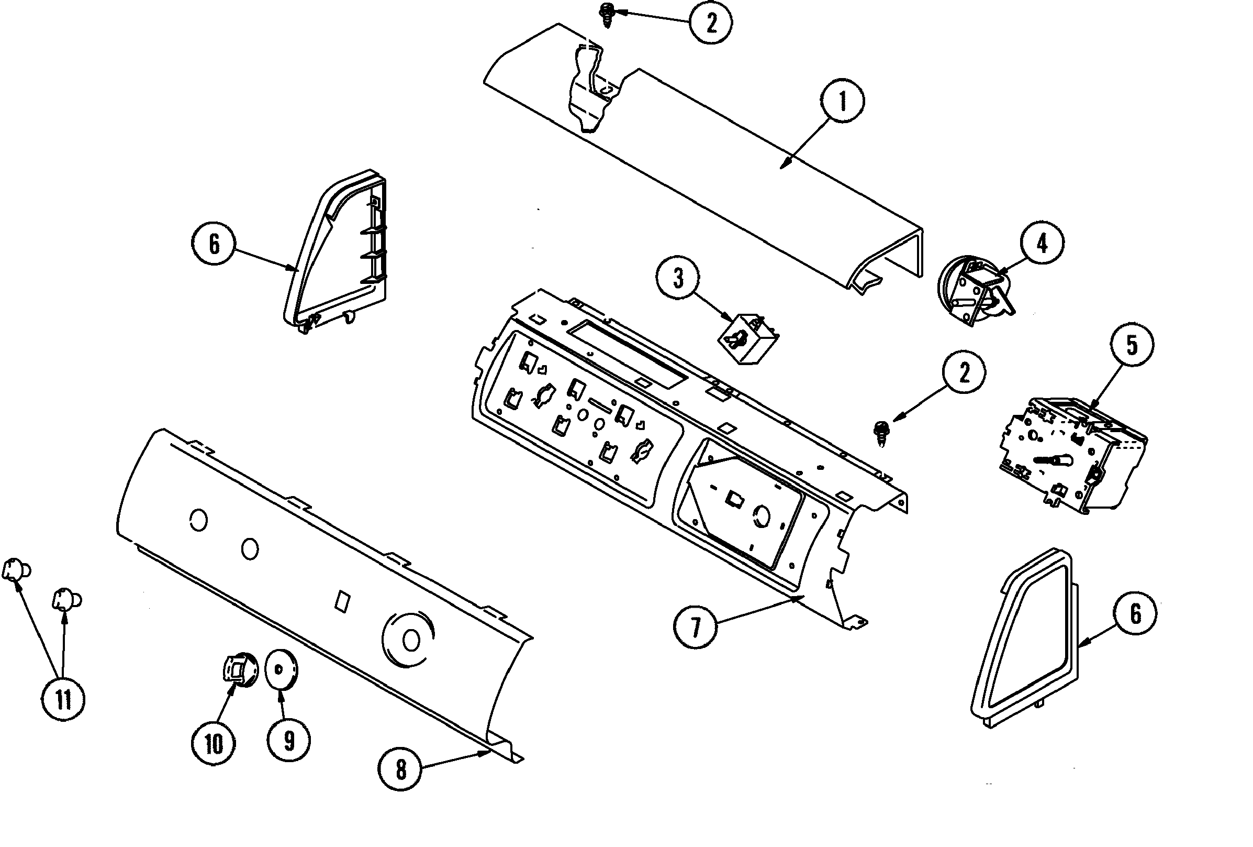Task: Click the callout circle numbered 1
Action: [843, 101]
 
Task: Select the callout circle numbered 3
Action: [678, 278]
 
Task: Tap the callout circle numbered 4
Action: [1042, 244]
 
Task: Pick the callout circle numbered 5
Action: [1132, 345]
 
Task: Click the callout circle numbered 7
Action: [696, 627]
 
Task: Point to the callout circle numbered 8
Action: [400, 770]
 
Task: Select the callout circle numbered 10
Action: [214, 744]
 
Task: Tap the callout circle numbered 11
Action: [64, 700]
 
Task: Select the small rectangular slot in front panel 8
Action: [342, 601]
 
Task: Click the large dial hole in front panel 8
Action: [410, 641]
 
